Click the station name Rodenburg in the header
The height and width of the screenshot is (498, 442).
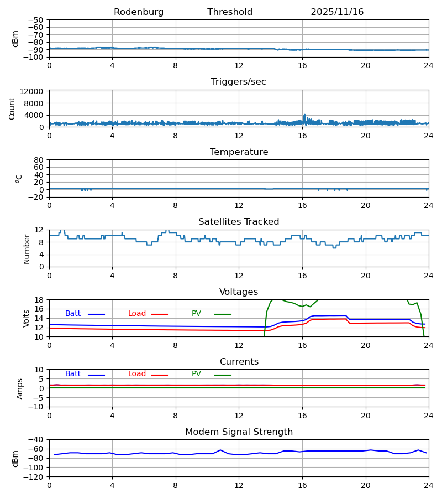(x=139, y=12)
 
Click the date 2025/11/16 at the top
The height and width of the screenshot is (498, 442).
(x=337, y=12)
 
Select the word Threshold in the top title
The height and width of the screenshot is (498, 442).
(x=230, y=12)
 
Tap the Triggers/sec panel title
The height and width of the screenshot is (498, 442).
(x=239, y=82)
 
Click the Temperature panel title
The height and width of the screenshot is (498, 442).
(x=239, y=152)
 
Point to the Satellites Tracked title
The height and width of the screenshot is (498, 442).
(x=239, y=222)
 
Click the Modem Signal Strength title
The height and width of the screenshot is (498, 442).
(x=239, y=432)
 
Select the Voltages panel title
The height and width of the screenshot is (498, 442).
(x=239, y=292)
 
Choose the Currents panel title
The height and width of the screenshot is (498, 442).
(x=239, y=362)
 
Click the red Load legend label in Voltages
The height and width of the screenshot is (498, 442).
(x=137, y=314)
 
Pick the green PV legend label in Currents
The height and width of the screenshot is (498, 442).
(x=196, y=374)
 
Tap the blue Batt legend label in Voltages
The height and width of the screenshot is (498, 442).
(x=73, y=314)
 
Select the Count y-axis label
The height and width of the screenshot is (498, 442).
(x=12, y=109)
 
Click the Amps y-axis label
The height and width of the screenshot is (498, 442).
(x=20, y=388)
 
